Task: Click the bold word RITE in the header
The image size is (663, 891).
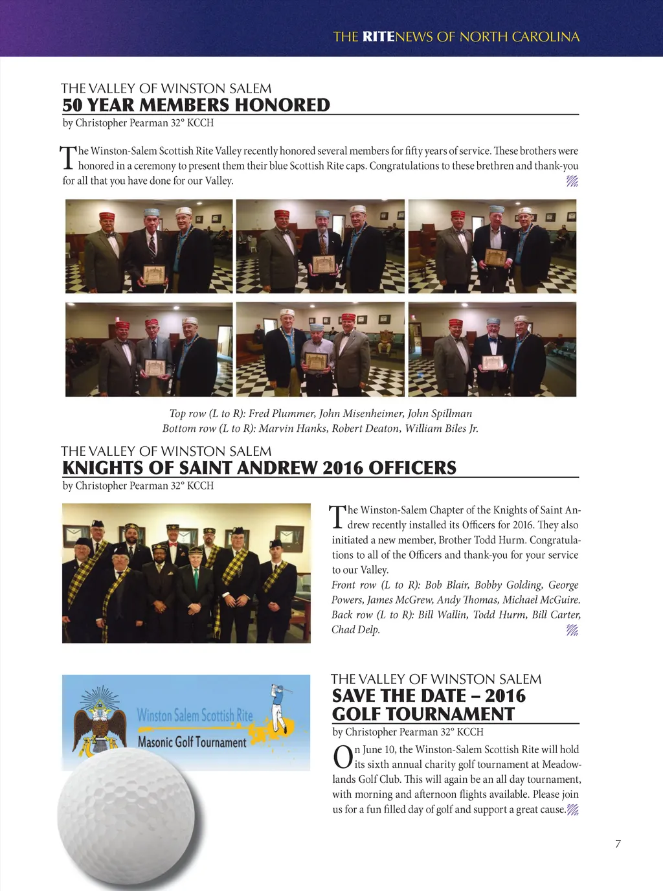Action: (378, 37)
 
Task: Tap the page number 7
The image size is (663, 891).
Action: (618, 844)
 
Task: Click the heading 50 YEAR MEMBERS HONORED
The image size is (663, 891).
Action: (196, 105)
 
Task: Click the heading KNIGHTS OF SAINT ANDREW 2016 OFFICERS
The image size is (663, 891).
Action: (259, 468)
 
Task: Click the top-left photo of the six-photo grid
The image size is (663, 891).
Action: (149, 246)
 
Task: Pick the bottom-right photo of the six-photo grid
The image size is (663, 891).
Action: (492, 349)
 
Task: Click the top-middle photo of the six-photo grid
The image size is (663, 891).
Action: (320, 246)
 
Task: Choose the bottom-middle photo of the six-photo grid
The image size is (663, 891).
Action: (320, 349)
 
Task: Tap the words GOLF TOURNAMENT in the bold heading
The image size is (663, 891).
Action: (423, 714)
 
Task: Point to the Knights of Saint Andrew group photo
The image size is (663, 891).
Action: (186, 573)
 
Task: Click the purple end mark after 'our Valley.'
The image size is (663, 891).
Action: (572, 181)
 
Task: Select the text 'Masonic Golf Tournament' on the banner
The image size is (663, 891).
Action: (192, 742)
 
